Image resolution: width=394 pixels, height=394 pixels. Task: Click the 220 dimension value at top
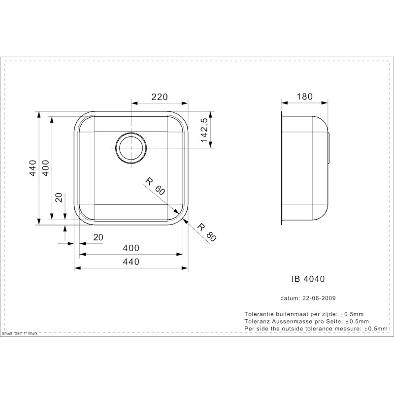tap(159, 97)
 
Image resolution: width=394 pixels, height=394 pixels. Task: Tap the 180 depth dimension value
tap(304, 97)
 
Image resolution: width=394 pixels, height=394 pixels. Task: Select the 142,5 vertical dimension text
tap(204, 130)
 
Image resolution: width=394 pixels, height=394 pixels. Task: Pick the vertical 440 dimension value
tap(33, 168)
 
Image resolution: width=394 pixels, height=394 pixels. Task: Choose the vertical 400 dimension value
tap(46, 168)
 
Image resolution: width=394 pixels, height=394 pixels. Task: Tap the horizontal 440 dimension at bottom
tap(131, 262)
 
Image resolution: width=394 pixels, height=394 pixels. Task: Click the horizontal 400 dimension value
tap(131, 248)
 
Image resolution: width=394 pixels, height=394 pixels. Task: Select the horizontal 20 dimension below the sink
tap(98, 237)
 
